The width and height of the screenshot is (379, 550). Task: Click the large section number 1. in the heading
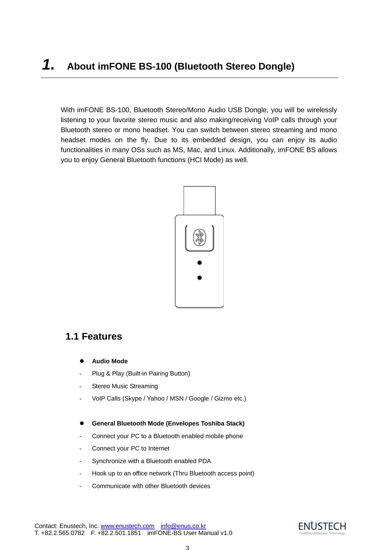tap(48, 65)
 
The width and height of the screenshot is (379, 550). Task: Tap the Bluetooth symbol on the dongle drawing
tap(199, 238)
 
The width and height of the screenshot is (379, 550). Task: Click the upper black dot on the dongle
tap(199, 263)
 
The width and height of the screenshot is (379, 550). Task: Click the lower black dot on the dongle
tap(199, 278)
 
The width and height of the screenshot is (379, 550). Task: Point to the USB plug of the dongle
tap(199, 200)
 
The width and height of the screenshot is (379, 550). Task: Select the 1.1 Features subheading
tap(94, 337)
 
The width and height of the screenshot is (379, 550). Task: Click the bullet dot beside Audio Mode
tap(81, 361)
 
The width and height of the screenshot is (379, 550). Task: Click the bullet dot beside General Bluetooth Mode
tap(81, 423)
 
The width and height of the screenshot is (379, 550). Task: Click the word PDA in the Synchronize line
tap(204, 461)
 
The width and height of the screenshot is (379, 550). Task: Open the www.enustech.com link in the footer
tap(128, 526)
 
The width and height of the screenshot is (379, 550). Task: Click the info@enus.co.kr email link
tap(183, 526)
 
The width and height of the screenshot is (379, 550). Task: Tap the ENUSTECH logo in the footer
tap(322, 528)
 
